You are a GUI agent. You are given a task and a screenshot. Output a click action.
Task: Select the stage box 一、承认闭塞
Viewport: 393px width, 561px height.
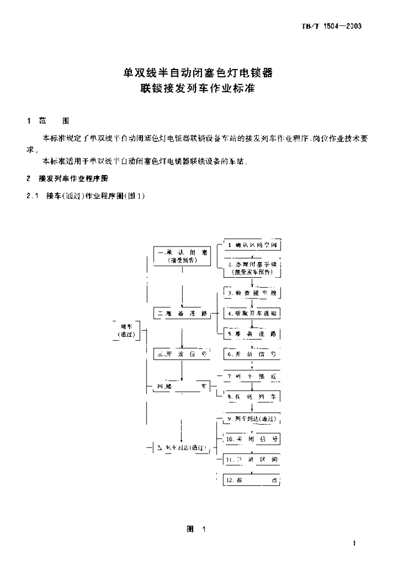(182, 256)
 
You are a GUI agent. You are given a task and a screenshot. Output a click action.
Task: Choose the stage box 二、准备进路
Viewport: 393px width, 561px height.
(182, 313)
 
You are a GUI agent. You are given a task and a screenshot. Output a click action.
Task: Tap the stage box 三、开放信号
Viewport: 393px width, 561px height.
(182, 354)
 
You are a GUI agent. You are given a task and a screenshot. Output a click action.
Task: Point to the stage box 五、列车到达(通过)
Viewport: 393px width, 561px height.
(182, 448)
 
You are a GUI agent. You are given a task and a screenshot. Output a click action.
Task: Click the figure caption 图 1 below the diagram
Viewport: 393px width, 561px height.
(195, 530)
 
